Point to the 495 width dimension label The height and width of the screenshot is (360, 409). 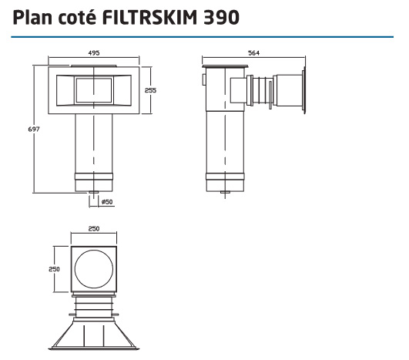(93, 54)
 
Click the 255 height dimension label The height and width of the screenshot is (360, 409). (151, 90)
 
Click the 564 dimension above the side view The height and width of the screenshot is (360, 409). (255, 54)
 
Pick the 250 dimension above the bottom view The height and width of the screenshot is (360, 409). (93, 229)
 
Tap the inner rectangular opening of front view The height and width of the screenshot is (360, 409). (93, 91)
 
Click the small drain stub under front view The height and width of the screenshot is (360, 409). (93, 193)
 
